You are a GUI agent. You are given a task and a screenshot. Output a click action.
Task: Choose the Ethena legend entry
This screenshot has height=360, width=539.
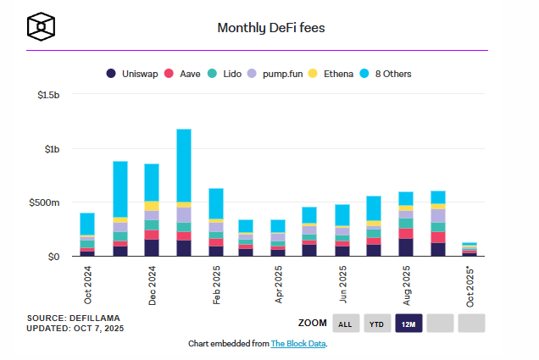[336, 74]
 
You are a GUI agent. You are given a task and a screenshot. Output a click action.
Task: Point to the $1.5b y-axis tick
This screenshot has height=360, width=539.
[47, 96]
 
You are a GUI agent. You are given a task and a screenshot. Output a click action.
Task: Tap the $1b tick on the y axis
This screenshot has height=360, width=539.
[51, 149]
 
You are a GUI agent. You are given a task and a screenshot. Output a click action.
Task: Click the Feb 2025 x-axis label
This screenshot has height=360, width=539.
[216, 285]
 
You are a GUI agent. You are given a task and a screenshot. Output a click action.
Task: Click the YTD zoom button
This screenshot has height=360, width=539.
[376, 323]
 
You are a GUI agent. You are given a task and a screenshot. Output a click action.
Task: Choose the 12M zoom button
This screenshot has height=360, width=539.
[408, 323]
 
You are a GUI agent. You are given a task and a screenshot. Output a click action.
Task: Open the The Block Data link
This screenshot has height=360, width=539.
[298, 344]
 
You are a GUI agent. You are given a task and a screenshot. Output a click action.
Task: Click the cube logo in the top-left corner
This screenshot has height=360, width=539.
[41, 27]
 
